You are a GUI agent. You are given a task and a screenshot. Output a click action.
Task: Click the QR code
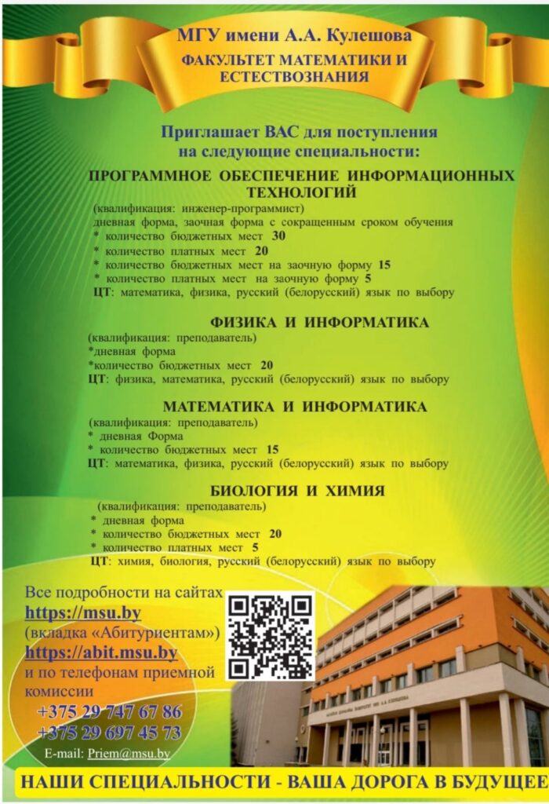click(271, 636)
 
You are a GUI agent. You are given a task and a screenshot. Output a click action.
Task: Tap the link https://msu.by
click(83, 612)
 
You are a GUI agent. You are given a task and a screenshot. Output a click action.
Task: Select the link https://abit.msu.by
click(101, 652)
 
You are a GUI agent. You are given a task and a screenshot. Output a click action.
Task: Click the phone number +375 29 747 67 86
click(109, 713)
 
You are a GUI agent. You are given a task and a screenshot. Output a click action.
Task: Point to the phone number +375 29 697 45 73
click(109, 733)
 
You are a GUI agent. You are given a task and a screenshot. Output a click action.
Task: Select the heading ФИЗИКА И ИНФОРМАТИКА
click(319, 323)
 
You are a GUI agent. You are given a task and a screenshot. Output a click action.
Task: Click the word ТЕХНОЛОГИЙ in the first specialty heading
click(301, 192)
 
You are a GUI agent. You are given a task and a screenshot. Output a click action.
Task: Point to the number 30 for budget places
click(278, 236)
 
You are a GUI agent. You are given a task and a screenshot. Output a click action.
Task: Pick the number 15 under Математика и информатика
click(272, 450)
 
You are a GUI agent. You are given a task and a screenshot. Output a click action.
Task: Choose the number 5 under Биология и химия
click(255, 546)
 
